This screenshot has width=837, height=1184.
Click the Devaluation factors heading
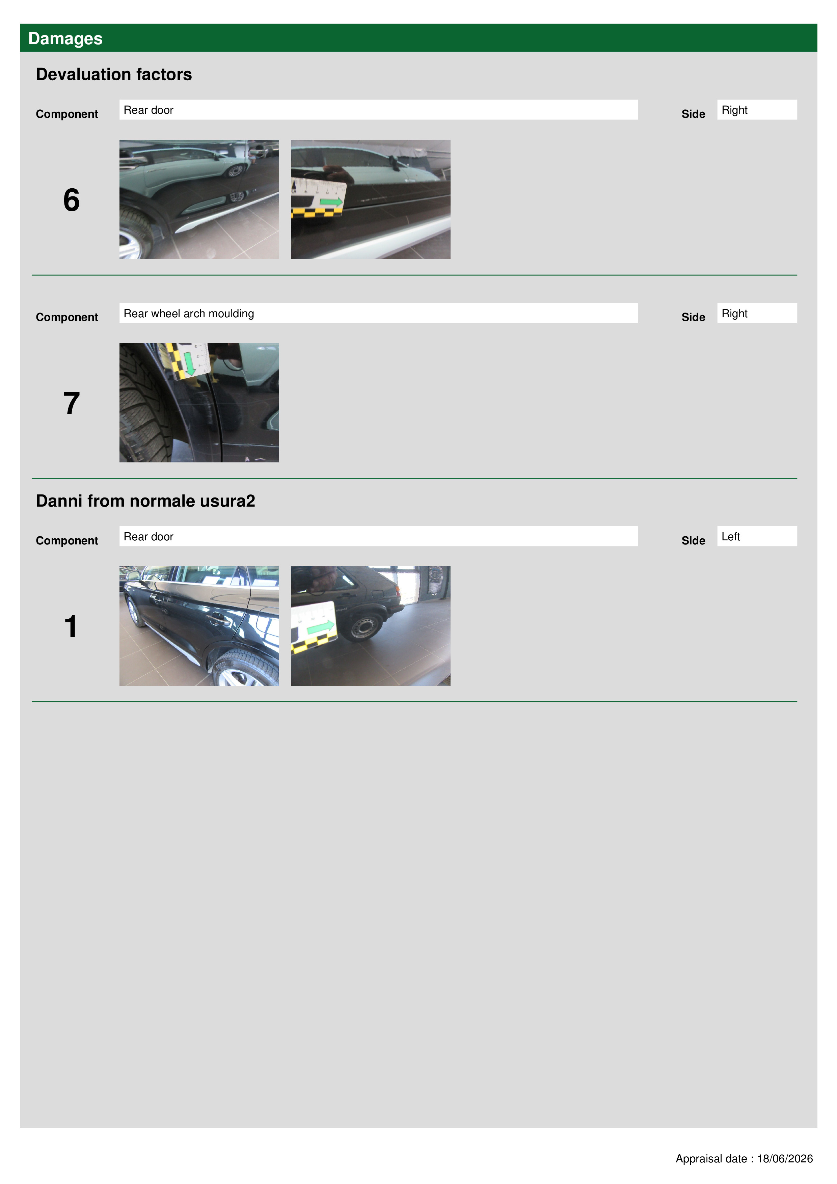click(114, 74)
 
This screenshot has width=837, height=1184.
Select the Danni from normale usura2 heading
click(145, 501)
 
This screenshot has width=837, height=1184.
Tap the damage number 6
click(71, 200)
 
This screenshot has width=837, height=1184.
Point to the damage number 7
click(71, 403)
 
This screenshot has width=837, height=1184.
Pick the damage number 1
click(71, 626)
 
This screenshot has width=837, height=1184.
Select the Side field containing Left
click(757, 536)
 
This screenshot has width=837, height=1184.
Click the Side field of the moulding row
click(757, 313)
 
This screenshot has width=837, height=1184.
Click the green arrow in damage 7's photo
click(190, 364)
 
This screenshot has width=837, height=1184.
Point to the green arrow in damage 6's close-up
click(331, 201)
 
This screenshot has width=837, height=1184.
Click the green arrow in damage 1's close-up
click(321, 627)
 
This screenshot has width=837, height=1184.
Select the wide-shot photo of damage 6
click(199, 199)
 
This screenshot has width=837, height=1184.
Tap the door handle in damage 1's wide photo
click(219, 619)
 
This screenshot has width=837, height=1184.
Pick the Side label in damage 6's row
click(693, 114)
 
